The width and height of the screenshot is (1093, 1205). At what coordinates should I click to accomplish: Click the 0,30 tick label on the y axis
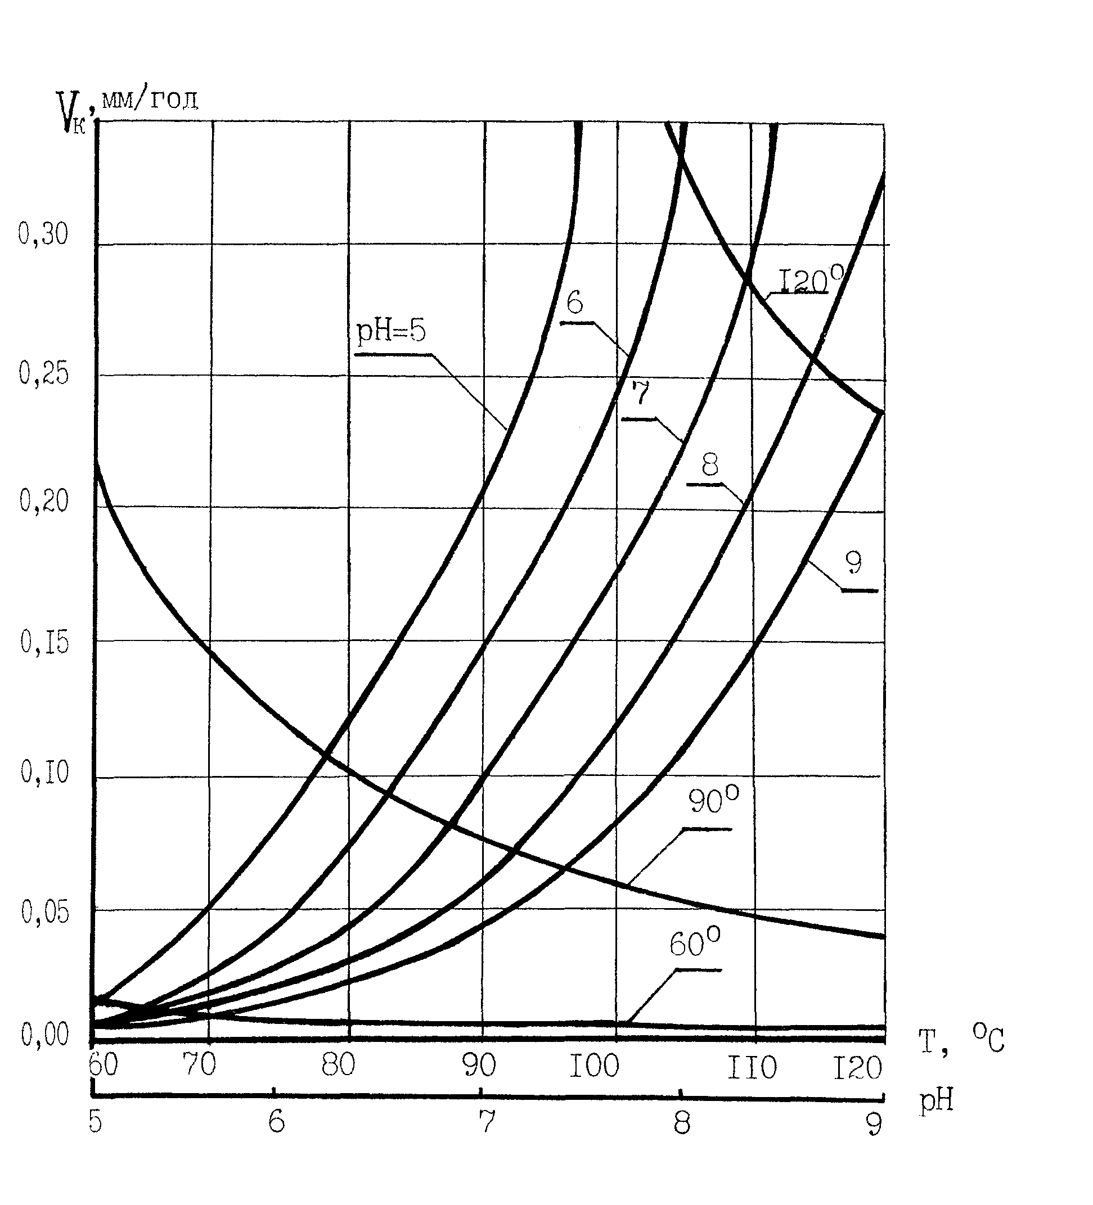43,234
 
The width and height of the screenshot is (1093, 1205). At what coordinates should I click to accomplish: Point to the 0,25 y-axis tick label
44,373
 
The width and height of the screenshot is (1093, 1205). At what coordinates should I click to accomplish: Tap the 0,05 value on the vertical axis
45,913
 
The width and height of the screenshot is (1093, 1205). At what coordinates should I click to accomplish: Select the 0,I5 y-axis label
45,643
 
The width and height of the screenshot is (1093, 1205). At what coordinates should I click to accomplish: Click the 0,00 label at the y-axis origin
45,1035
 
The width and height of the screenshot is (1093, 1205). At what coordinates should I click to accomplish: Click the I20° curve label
810,279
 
